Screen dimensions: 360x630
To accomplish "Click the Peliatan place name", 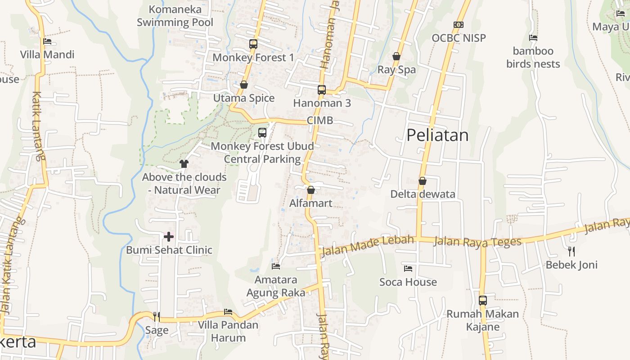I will tap(437, 135).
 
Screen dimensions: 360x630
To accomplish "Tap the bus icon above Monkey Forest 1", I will tap(253, 44).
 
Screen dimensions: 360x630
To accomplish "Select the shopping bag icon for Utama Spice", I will tap(244, 85).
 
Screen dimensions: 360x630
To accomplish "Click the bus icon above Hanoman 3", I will tap(321, 90).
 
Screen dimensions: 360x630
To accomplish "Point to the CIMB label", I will tap(320, 121).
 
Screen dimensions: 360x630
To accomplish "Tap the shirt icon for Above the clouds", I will tap(184, 164).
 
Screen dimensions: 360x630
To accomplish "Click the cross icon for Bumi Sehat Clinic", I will tap(169, 237).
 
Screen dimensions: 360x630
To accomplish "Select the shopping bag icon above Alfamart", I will tap(310, 190).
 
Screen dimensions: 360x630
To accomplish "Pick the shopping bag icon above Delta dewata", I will tap(423, 181).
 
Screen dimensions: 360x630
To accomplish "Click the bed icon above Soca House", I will tap(408, 269).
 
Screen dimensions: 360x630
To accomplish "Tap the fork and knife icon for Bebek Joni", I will tap(571, 251).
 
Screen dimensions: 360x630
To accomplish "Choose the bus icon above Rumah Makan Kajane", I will tap(483, 300).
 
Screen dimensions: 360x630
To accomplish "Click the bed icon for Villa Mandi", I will tap(47, 41).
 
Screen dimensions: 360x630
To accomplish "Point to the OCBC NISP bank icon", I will tap(459, 25).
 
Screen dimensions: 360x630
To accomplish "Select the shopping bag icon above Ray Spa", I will tap(396, 56).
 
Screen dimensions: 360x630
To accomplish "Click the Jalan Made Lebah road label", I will tap(368, 246).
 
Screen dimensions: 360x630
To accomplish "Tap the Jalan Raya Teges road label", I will tap(477, 242).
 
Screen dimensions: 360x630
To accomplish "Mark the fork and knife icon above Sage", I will tap(156, 317).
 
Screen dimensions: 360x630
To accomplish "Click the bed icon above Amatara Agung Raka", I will tap(276, 266).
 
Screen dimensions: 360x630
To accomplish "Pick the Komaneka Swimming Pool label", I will tap(175, 16).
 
